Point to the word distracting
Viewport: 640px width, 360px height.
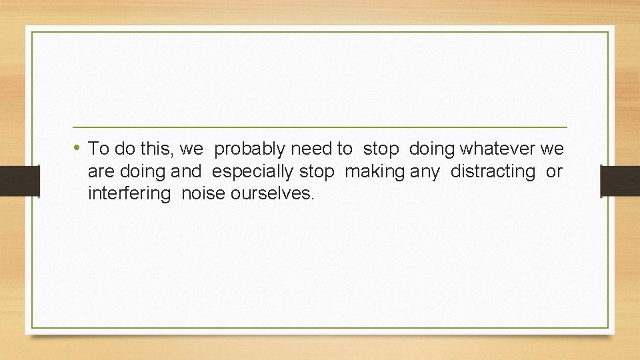[x=493, y=171]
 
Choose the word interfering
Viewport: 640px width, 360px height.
[x=127, y=195]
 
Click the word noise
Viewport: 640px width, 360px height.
[x=204, y=195]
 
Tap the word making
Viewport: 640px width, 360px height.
[x=375, y=172]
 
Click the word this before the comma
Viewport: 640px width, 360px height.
[x=161, y=148]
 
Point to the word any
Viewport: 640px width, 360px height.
[x=425, y=173]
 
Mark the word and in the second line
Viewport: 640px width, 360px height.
[x=185, y=171]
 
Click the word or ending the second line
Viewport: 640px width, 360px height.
[x=554, y=172]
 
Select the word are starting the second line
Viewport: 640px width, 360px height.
[x=101, y=172]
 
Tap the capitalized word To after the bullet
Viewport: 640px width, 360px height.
[x=99, y=148]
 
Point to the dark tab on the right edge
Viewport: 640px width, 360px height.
[x=620, y=181]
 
